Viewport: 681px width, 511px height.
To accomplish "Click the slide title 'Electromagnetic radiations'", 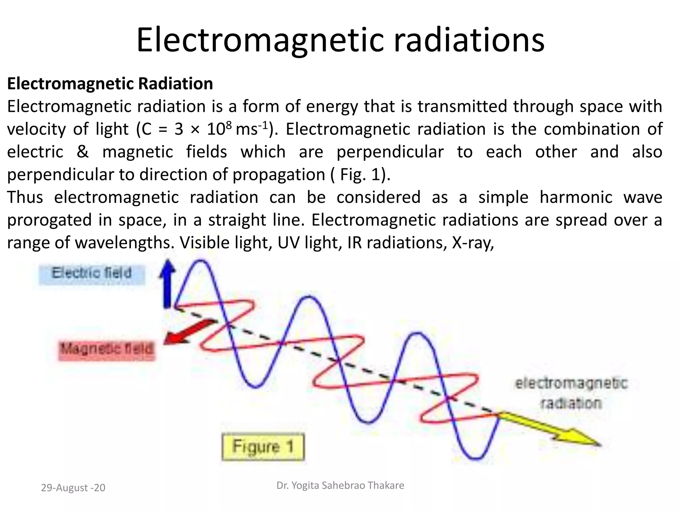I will tap(340, 40).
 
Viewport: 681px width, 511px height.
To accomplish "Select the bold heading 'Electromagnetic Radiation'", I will tap(110, 84).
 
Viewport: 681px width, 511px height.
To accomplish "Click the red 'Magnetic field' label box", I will tap(107, 349).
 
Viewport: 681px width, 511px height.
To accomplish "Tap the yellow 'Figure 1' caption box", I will tap(263, 446).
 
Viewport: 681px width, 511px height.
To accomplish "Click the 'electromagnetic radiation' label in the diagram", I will tap(571, 393).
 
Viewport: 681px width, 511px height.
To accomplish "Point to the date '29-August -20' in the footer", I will tap(73, 488).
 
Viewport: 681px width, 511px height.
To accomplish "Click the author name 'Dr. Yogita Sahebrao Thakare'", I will tap(340, 485).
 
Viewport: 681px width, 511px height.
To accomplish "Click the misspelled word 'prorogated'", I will tap(49, 220).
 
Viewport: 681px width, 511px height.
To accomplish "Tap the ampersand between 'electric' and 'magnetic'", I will tap(82, 152).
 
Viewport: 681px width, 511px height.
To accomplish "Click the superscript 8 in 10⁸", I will tap(228, 125).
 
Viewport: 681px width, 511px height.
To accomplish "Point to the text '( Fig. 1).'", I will tap(360, 175).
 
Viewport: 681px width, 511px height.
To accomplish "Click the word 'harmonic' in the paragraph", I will tap(576, 197).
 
